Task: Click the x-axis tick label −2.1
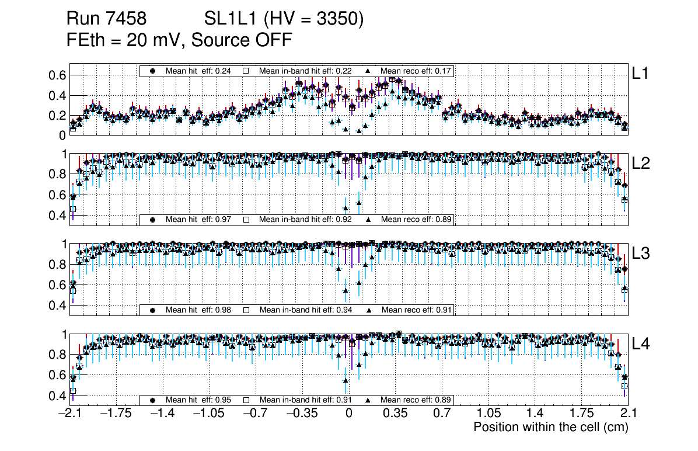coord(69,414)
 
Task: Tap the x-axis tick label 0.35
coord(395,414)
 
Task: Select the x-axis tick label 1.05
coord(488,414)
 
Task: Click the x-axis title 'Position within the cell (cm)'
coord(550,427)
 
